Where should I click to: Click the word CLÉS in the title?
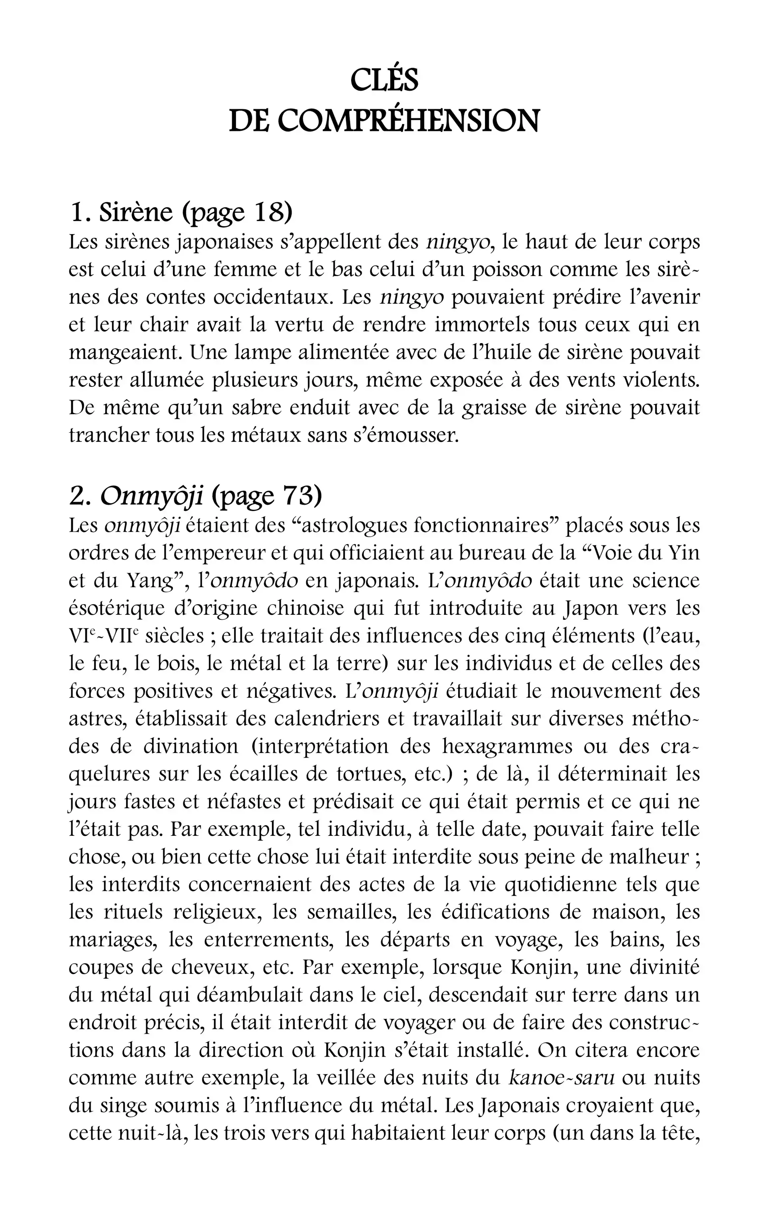(x=384, y=80)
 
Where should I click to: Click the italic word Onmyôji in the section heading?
(x=151, y=496)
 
